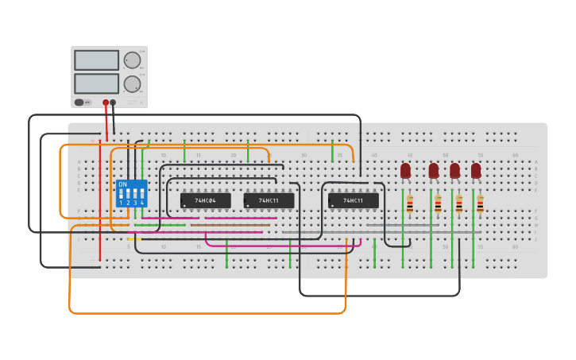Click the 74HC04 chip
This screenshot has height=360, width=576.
point(205,201)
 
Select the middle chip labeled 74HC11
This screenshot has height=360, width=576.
point(269,201)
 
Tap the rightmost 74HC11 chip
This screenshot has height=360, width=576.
point(353,201)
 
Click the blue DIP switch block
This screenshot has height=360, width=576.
point(131,193)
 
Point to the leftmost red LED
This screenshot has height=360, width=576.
point(405,170)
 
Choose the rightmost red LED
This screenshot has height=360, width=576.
point(476,170)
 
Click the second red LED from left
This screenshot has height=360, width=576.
point(433,170)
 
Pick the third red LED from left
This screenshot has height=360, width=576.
point(454,170)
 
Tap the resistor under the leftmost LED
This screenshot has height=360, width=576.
point(410,205)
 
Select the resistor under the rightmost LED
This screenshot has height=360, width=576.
point(480,205)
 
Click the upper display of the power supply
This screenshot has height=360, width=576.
point(96,60)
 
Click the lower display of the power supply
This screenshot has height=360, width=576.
point(96,83)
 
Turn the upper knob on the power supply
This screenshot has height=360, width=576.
point(132,60)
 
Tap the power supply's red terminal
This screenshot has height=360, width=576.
point(105,103)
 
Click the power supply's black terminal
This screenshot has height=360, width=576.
point(113,103)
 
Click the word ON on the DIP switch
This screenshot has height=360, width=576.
point(122,184)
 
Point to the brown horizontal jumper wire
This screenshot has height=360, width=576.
point(230,225)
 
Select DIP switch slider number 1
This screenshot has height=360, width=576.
point(121,194)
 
